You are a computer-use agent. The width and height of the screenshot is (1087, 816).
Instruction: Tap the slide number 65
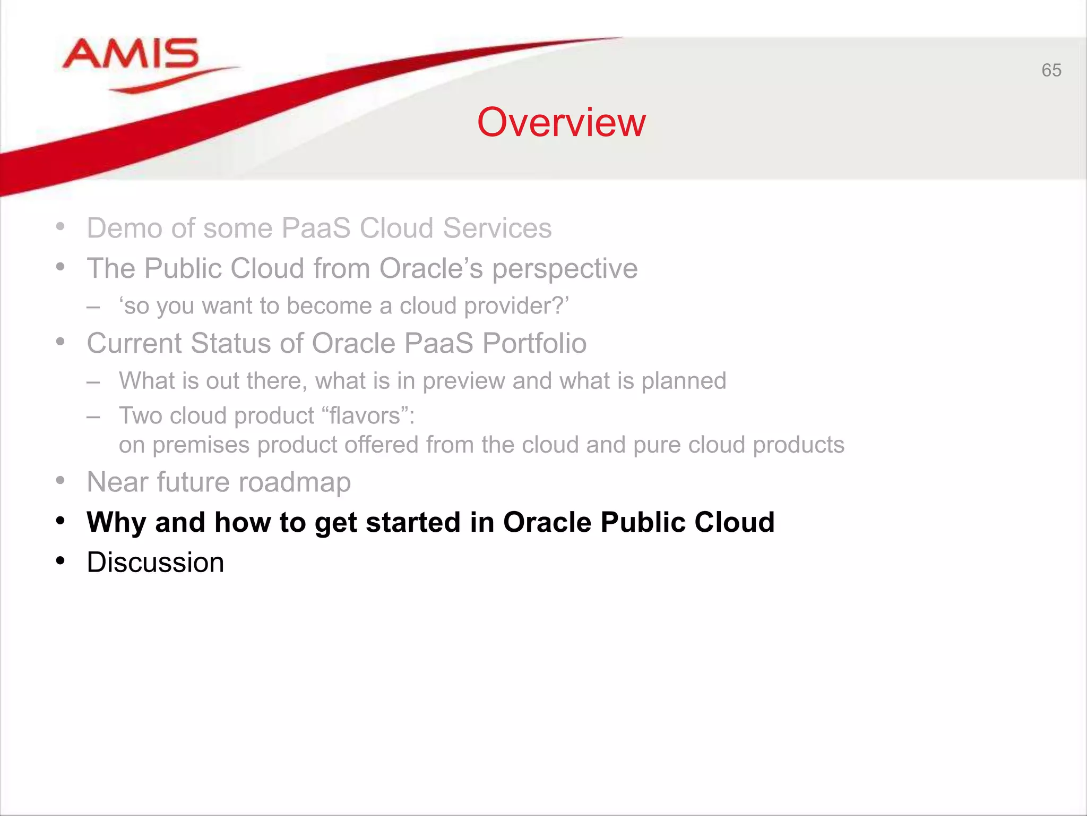[x=1051, y=70]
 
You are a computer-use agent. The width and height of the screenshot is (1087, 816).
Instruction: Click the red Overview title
[x=561, y=123]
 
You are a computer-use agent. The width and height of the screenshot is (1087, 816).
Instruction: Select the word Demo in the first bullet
[x=124, y=228]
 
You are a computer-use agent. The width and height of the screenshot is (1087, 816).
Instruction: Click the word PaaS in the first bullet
[x=316, y=228]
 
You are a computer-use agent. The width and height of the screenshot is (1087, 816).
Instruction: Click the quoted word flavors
[x=365, y=416]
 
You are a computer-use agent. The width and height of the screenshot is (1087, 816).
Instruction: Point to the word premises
[x=201, y=445]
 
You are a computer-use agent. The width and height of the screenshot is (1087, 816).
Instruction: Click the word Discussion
[x=156, y=563]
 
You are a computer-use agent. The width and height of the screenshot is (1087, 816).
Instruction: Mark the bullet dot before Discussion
[x=61, y=561]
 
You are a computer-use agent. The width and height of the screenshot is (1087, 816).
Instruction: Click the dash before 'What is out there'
[x=93, y=382]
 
